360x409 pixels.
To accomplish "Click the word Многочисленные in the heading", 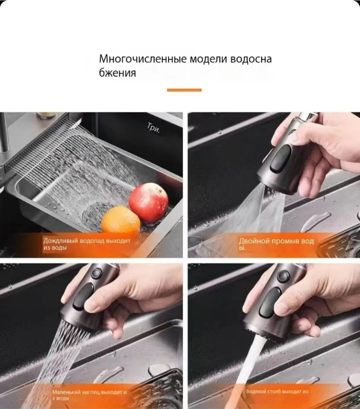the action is (x=143, y=59).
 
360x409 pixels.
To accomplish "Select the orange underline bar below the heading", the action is (x=184, y=90).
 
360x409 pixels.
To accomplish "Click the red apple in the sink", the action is (x=149, y=202).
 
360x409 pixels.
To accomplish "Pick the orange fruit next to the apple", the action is (x=121, y=220).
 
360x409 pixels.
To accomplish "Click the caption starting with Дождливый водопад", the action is (x=87, y=244).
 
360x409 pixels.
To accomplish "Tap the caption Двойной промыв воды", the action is (x=276, y=244).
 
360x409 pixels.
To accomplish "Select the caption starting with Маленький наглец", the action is (x=89, y=395).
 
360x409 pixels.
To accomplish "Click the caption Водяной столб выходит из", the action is (x=277, y=391).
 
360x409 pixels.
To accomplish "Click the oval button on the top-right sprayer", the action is (x=280, y=159).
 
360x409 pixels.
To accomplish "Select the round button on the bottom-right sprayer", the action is (x=283, y=276).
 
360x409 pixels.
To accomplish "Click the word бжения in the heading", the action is (x=118, y=73).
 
